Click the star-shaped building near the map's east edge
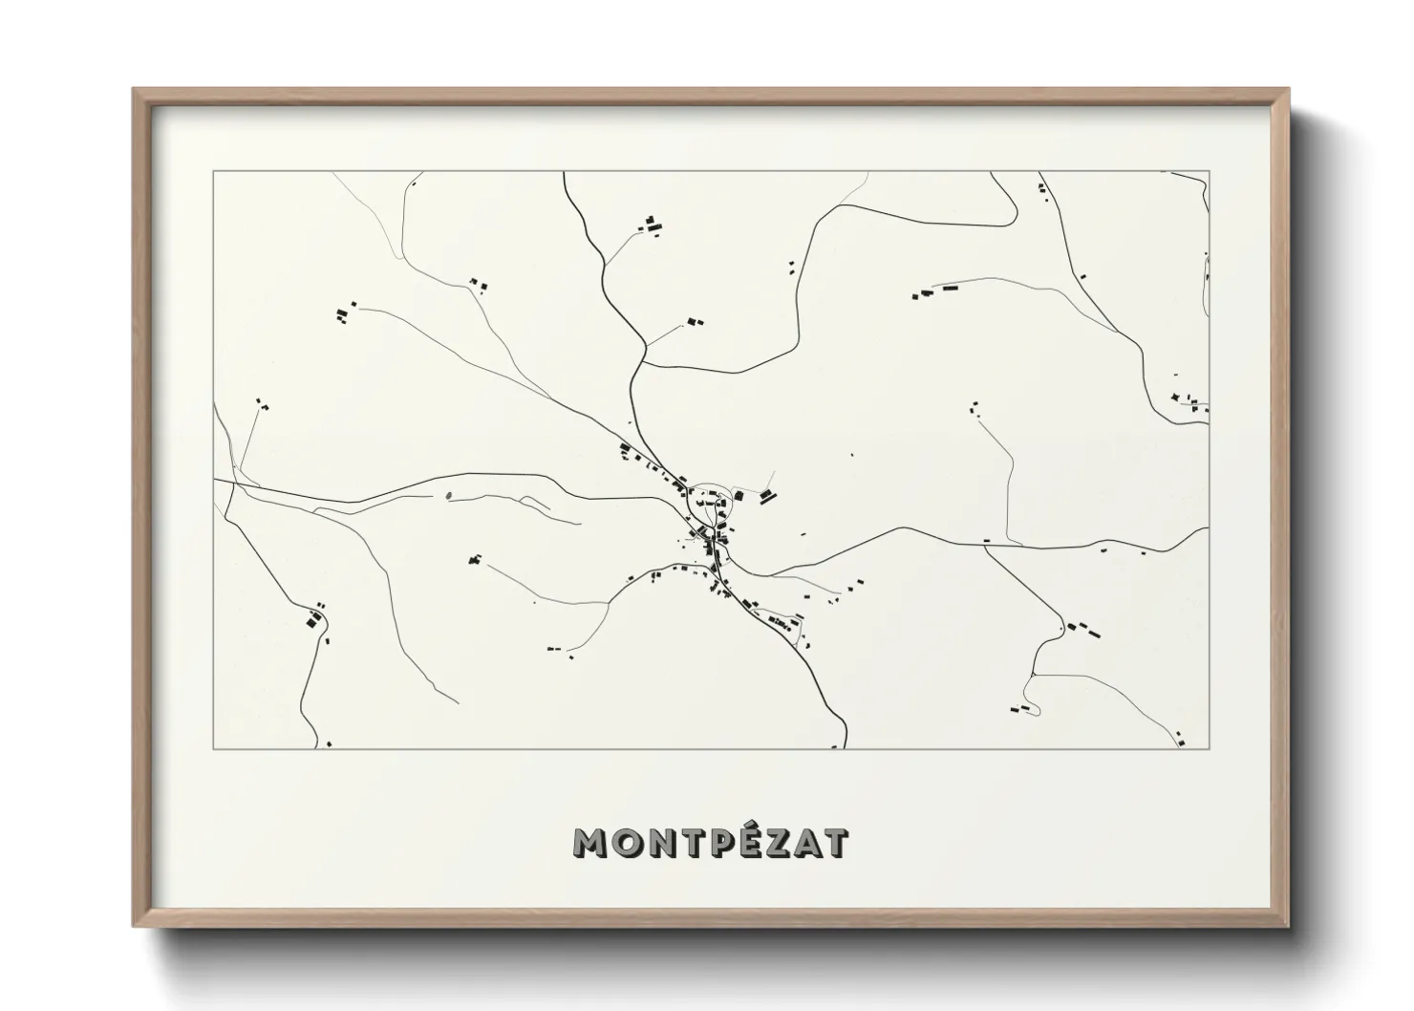point(1175,397)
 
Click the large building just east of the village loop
point(767,495)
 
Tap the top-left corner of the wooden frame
point(134,90)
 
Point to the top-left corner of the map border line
point(213,172)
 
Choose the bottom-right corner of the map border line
point(1210,748)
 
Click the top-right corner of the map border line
point(1210,172)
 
